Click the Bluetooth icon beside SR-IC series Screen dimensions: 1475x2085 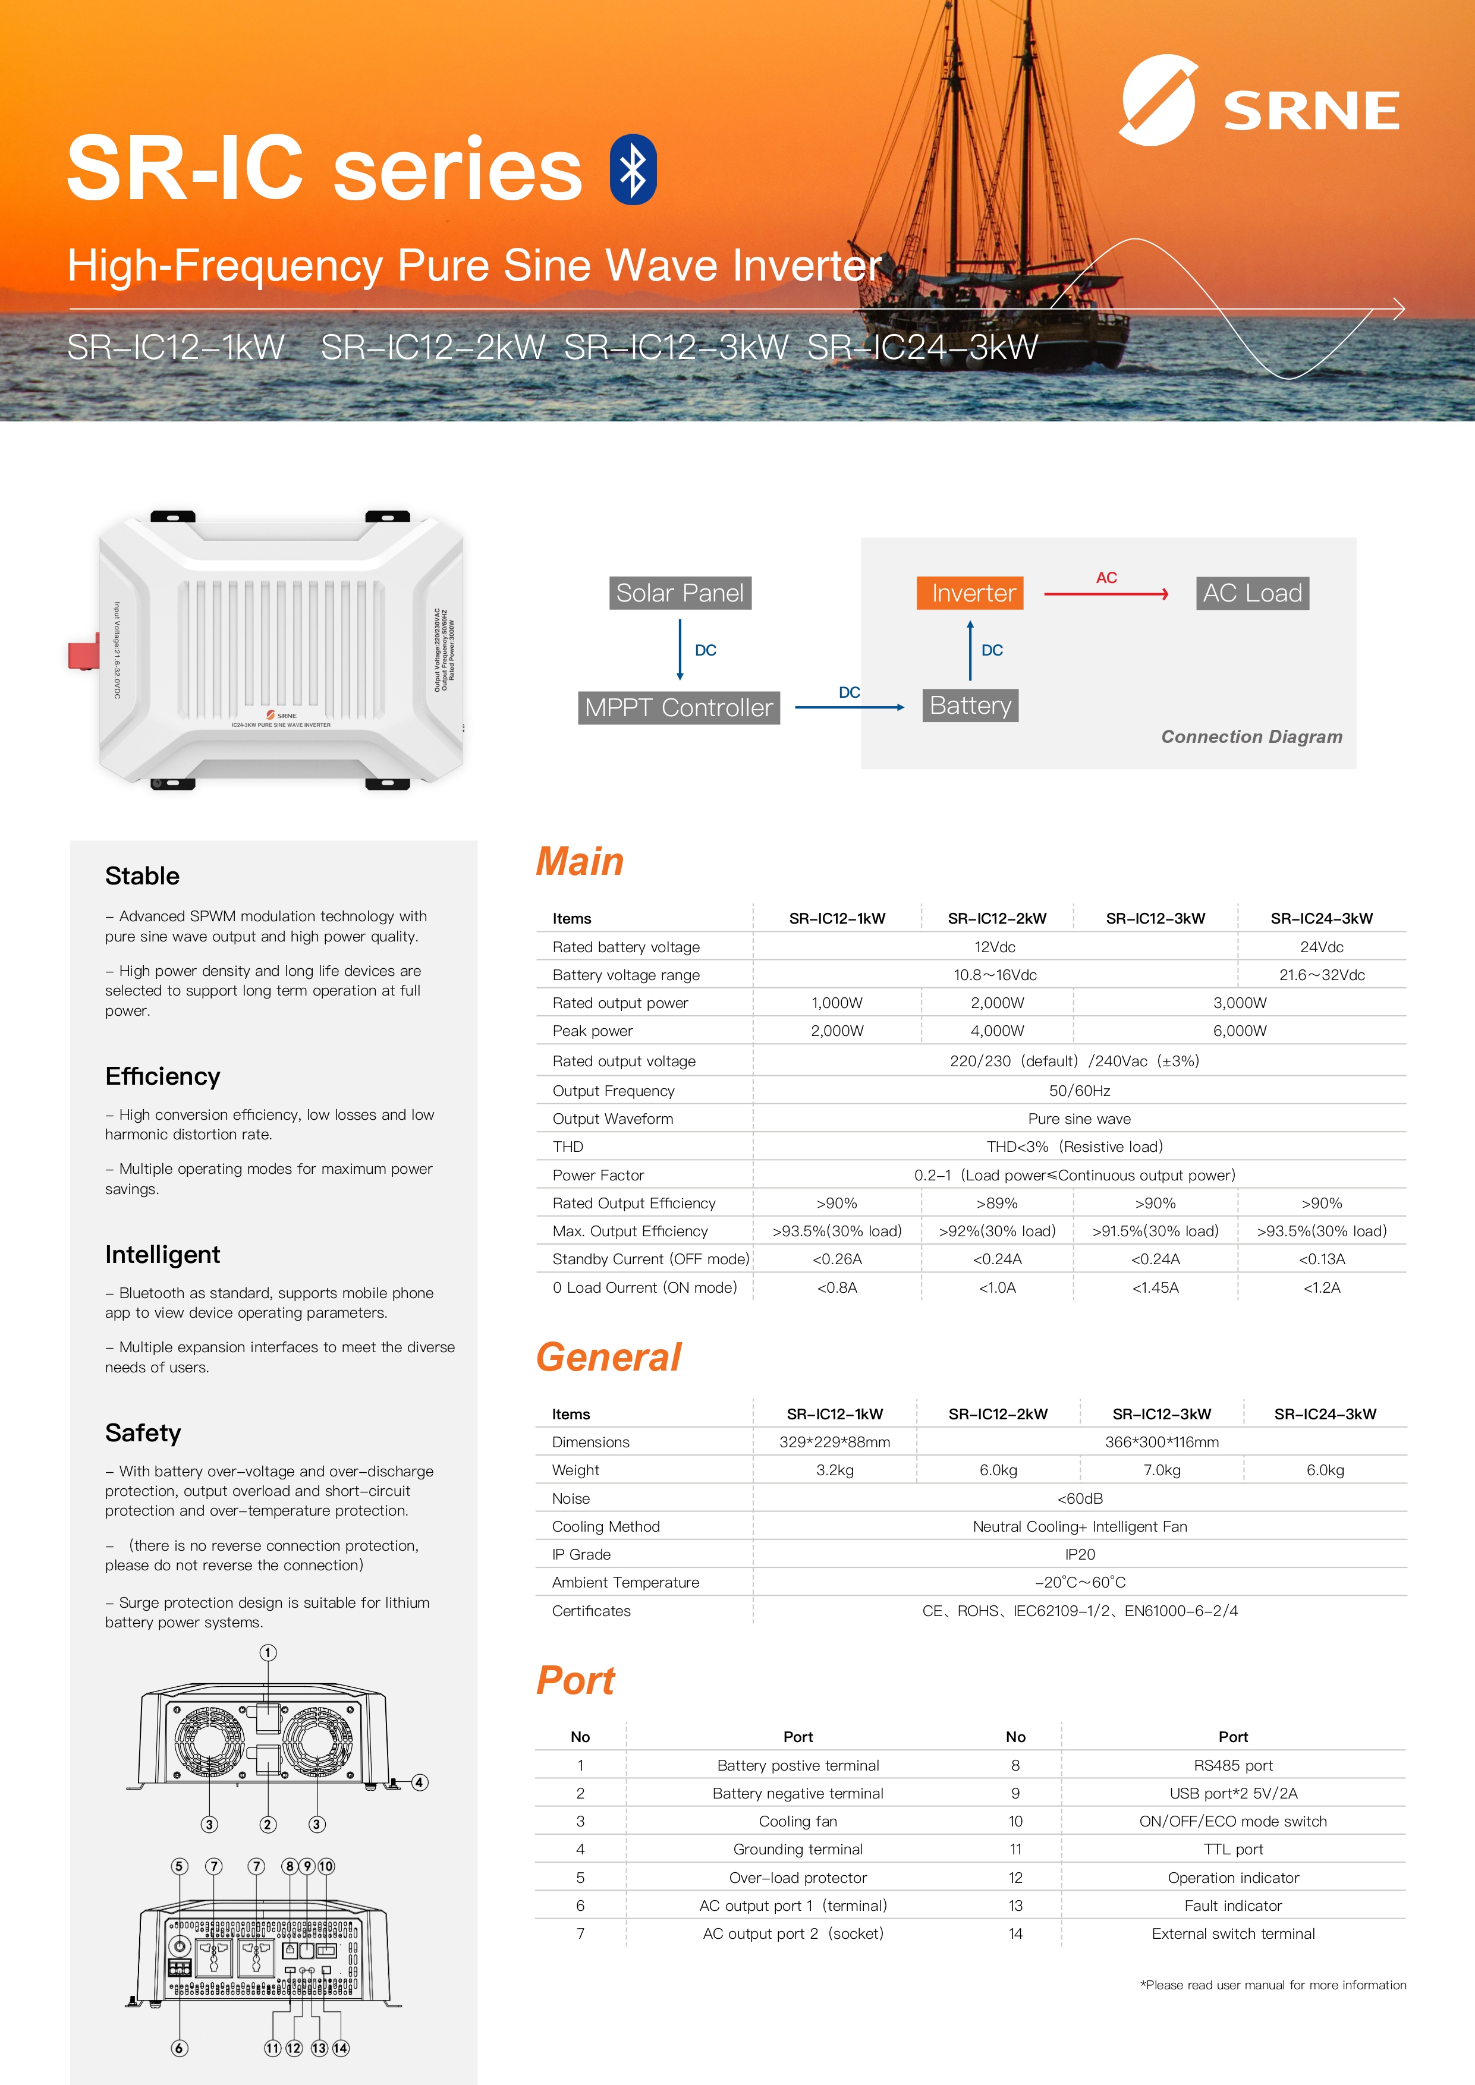click(x=633, y=170)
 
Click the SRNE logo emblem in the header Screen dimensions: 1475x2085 click(x=1159, y=100)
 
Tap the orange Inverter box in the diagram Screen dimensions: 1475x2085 click(x=970, y=593)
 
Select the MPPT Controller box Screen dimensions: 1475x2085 click(x=678, y=707)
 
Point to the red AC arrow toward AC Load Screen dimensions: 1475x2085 click(x=1106, y=594)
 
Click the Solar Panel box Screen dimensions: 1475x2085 click(x=680, y=593)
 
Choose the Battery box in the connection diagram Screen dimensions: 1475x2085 click(x=970, y=706)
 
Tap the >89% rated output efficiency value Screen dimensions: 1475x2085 click(x=997, y=1203)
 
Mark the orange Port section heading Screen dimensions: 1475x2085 click(x=576, y=1681)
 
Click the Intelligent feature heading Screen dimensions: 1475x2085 click(x=162, y=1255)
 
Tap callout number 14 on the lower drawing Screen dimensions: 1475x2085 click(x=341, y=2048)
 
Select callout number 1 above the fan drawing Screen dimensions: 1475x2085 click(x=268, y=1653)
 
